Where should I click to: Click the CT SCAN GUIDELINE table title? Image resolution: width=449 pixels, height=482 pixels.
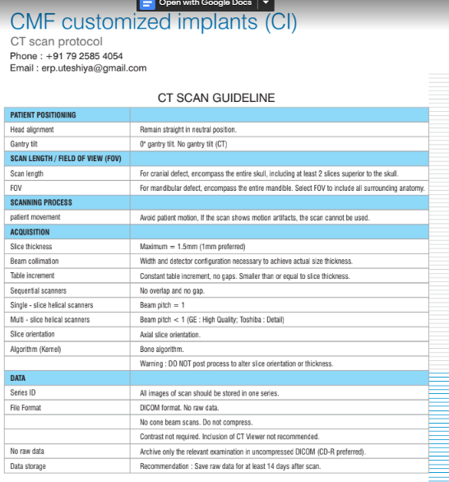coord(216,98)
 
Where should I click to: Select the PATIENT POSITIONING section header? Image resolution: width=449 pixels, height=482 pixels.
coord(43,115)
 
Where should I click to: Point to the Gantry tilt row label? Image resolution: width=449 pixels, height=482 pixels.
coord(25,144)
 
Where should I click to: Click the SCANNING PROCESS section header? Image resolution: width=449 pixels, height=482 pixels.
coord(41,202)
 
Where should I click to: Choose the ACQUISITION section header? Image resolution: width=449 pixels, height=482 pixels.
coord(30,232)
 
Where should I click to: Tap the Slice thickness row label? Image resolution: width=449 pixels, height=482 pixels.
coord(31,247)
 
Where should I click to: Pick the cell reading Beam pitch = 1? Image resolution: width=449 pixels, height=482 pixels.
coord(162,305)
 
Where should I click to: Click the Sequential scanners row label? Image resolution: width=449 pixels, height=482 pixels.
coord(38,290)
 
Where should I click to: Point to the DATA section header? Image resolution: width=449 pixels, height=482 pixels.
coord(18,378)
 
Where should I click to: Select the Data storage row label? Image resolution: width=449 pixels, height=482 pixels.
coord(29,466)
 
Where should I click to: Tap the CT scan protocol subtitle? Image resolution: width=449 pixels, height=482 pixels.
coord(56,41)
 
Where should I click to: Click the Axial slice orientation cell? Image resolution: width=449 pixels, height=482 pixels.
coord(169,335)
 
